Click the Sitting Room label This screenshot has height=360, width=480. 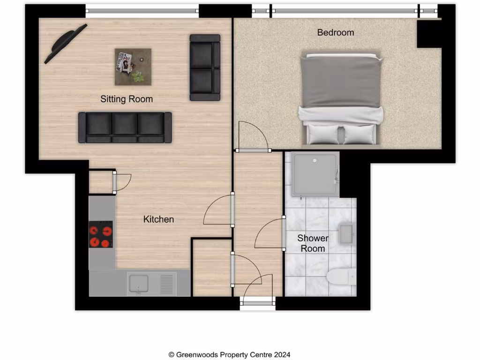(x=127, y=99)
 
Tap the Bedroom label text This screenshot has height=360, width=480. (x=336, y=32)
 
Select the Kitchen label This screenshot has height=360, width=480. (x=158, y=219)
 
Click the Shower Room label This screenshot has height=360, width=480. (x=313, y=243)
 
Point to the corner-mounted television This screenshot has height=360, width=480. (x=65, y=43)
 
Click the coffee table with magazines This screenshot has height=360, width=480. (x=133, y=67)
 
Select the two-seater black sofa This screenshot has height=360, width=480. (x=205, y=67)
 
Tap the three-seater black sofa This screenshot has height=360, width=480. (x=125, y=127)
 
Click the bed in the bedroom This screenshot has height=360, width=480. (x=342, y=98)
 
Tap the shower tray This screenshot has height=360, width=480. (x=315, y=174)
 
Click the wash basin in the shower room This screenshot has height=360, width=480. (x=347, y=234)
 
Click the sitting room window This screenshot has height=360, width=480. (x=142, y=10)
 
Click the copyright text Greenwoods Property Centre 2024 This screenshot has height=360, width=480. (x=232, y=355)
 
